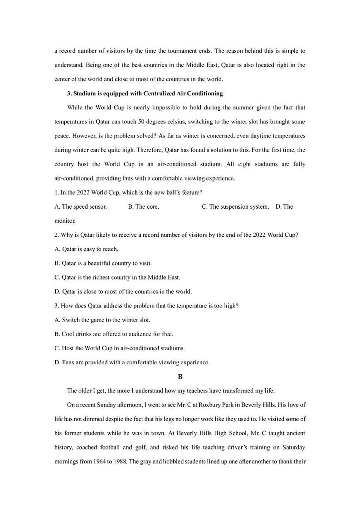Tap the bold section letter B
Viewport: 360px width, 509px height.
coord(180,377)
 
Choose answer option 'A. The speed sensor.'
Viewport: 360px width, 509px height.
coord(81,206)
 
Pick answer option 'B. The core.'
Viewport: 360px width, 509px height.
coord(143,206)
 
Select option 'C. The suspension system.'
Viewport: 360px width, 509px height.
coord(235,206)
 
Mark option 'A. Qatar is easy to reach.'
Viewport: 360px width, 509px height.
coord(86,249)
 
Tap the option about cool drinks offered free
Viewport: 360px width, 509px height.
coord(113,334)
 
